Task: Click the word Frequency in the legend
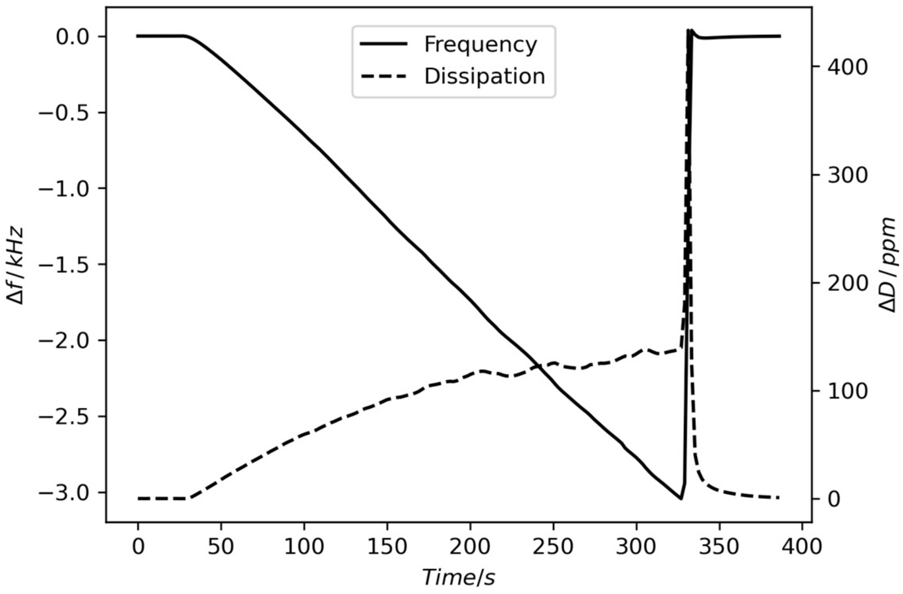(480, 45)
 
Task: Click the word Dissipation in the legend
(485, 76)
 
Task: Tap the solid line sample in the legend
(384, 44)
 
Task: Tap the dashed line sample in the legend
(384, 76)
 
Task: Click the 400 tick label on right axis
(847, 67)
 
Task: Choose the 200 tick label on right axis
(847, 283)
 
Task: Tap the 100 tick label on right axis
(847, 391)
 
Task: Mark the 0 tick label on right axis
(834, 499)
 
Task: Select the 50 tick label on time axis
(221, 547)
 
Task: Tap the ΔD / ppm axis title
(889, 265)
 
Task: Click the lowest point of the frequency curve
(681, 499)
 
